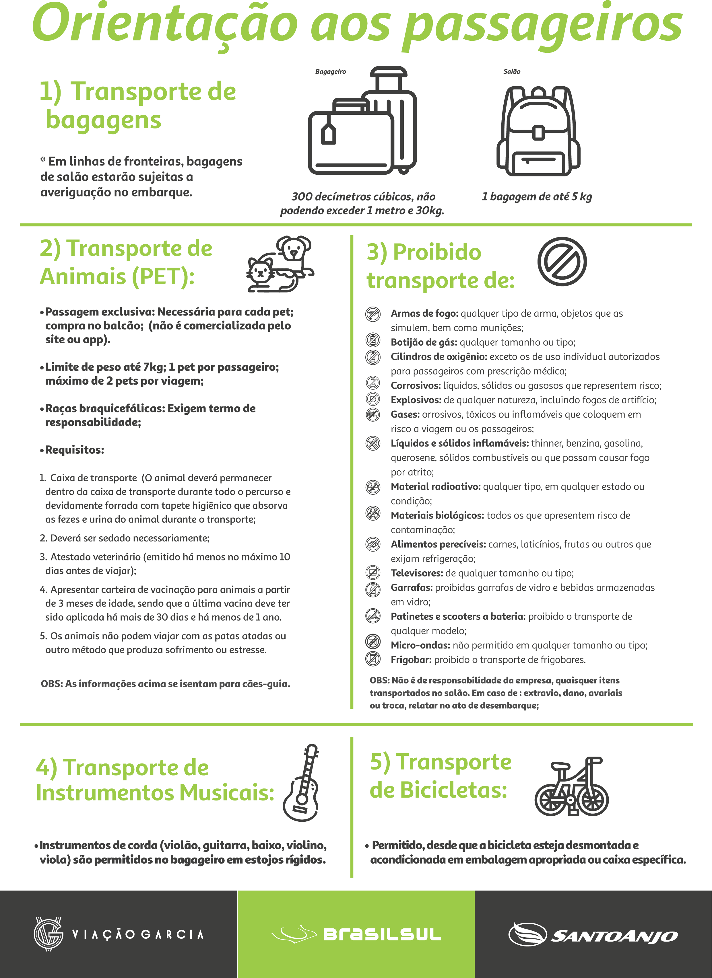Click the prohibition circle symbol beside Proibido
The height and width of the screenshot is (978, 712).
pyautogui.click(x=562, y=261)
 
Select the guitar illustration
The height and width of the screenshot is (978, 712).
pyautogui.click(x=302, y=783)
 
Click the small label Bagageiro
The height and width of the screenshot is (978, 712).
pyautogui.click(x=331, y=72)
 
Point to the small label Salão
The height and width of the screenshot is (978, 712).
pyautogui.click(x=512, y=72)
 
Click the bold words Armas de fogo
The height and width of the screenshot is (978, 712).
pyautogui.click(x=424, y=313)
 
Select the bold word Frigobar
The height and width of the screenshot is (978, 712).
pyautogui.click(x=411, y=660)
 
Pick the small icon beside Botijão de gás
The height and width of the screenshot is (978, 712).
pyautogui.click(x=373, y=340)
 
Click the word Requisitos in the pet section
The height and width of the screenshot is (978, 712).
pyautogui.click(x=74, y=450)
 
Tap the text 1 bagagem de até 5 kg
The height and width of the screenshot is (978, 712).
pyautogui.click(x=537, y=197)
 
